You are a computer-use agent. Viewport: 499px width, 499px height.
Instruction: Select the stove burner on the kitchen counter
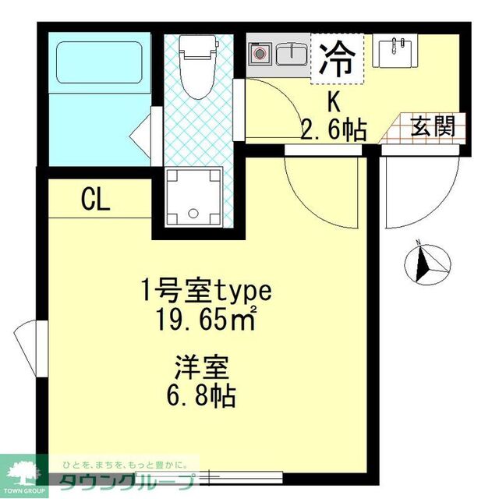tap(260, 54)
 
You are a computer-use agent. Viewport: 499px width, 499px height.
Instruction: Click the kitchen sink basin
tap(292, 53)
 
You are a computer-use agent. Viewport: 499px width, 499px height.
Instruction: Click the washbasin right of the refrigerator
tap(396, 52)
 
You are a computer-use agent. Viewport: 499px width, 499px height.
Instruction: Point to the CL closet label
tap(96, 201)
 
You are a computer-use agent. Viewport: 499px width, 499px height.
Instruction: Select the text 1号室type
tap(206, 292)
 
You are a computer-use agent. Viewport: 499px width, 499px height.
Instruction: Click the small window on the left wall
tap(28, 343)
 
